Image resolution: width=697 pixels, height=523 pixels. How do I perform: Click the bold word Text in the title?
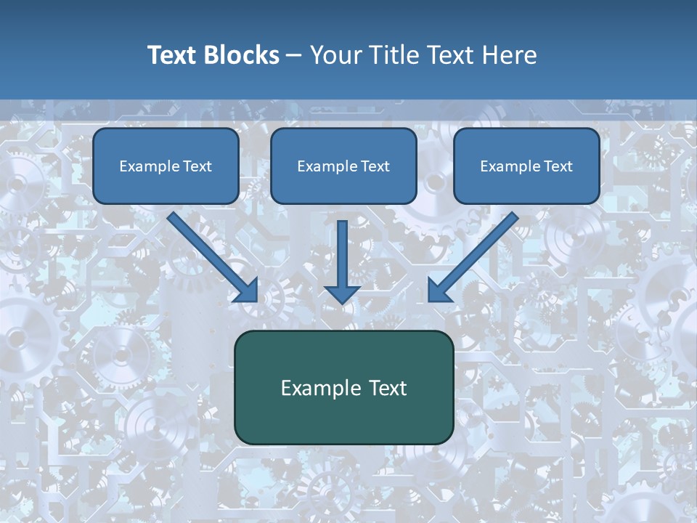pos(172,55)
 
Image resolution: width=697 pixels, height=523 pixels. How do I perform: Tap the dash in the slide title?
pos(294,55)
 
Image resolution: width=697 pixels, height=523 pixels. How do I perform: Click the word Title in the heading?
pos(393,55)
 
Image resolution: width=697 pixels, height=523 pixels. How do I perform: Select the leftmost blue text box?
pos(166,166)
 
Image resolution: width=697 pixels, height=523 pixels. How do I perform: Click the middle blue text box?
pos(343,166)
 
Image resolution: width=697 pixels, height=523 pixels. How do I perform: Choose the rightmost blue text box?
pos(526,166)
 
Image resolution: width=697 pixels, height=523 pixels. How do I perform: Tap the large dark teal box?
pos(343,388)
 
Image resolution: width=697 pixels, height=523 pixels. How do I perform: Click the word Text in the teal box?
pos(388,388)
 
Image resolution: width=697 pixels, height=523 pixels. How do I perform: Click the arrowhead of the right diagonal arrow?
pos(439,290)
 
